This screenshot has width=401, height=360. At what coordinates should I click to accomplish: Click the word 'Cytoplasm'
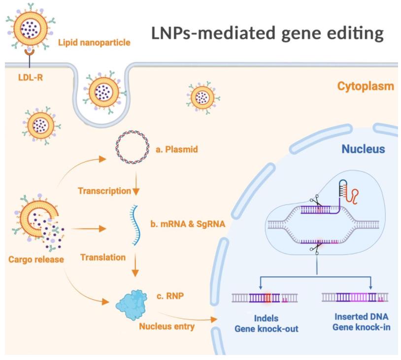coord(366,87)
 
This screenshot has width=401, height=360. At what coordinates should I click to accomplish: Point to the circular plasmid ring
coord(131,147)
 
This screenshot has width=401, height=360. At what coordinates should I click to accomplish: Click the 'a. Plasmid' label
coord(177,148)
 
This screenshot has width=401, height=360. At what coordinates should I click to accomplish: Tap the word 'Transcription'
coord(103,191)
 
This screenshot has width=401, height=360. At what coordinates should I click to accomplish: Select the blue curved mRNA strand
coord(133,224)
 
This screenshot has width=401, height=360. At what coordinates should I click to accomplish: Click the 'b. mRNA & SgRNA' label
coord(187,224)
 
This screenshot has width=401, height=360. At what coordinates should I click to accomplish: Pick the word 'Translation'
coord(103,257)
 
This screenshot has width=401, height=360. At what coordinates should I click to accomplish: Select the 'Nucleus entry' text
coord(167,326)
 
